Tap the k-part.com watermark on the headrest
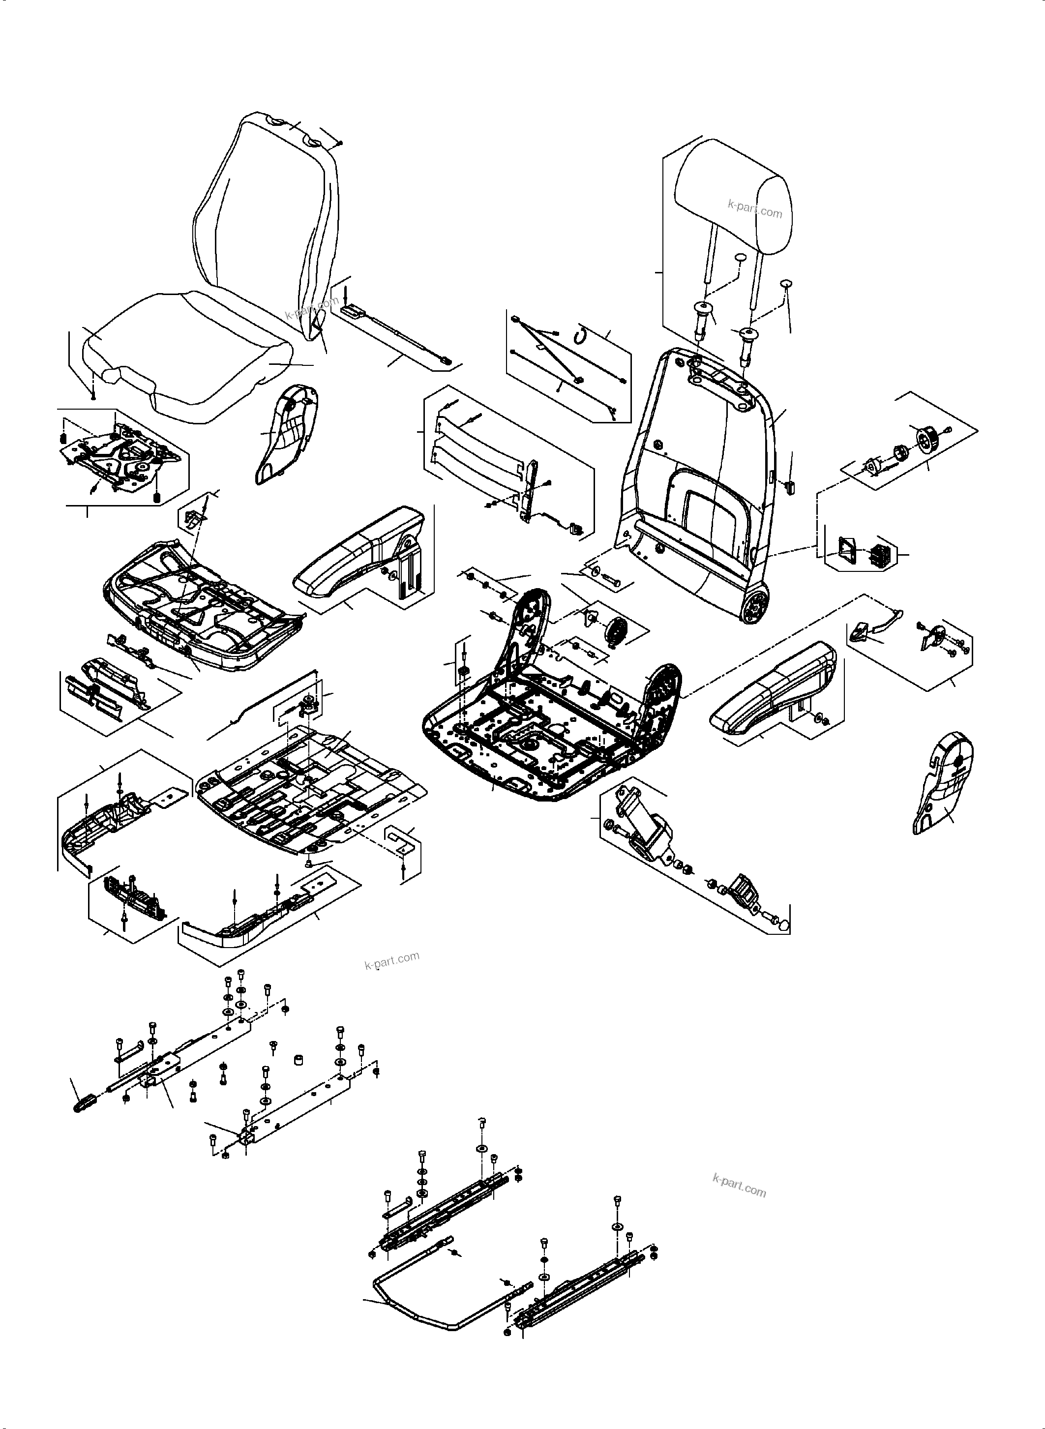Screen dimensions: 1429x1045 click(755, 209)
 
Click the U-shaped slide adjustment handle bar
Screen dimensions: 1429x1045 click(418, 1306)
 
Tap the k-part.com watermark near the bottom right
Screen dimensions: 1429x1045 click(739, 1186)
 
